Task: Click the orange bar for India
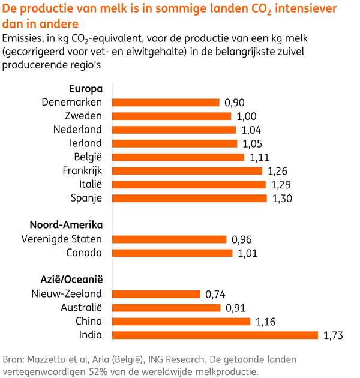[215, 335]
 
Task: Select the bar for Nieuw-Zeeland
[156, 293]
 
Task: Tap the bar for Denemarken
[166, 102]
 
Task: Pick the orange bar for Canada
[172, 253]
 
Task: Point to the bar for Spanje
[190, 198]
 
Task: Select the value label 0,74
[218, 294]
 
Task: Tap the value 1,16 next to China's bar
[268, 322]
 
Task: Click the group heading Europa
[86, 88]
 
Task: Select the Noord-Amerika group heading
[66, 225]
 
